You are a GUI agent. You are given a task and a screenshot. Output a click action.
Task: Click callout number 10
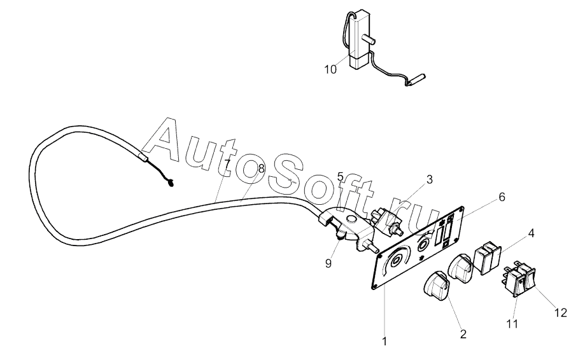[330, 69]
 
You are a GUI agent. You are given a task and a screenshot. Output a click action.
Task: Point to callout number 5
[340, 176]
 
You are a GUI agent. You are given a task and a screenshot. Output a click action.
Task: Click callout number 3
[430, 179]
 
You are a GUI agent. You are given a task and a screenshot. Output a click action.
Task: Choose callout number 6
[502, 197]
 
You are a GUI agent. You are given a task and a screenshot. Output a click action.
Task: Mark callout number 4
[531, 233]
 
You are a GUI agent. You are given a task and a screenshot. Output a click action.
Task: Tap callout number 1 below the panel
[384, 342]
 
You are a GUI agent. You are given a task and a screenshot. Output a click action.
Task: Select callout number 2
[463, 333]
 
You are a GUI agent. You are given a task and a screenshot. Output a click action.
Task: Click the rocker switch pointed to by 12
[526, 282]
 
